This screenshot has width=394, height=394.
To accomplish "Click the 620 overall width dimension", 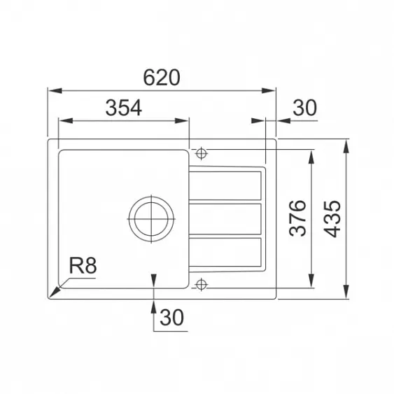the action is [x=162, y=78].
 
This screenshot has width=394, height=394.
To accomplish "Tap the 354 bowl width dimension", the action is [x=124, y=108].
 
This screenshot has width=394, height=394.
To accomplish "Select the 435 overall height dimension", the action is [x=332, y=219].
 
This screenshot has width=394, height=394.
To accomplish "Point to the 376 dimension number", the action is [x=297, y=218].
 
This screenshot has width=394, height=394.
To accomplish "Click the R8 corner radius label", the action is [x=83, y=266].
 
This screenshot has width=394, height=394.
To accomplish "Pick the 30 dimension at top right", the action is [x=304, y=108].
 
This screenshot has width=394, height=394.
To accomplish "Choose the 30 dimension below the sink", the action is [x=172, y=318].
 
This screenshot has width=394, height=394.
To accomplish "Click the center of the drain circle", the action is [x=151, y=219].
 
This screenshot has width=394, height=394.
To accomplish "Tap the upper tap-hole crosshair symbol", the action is [x=202, y=153].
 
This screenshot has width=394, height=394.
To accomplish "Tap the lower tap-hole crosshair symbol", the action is [x=201, y=285].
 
